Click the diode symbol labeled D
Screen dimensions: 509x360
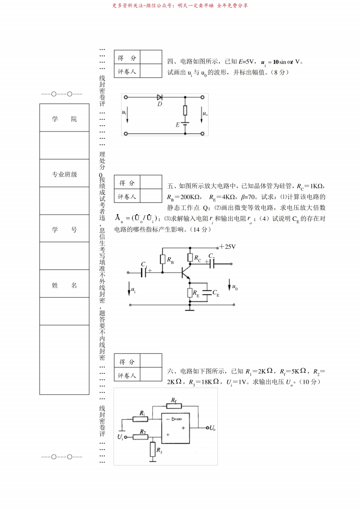point(160,98)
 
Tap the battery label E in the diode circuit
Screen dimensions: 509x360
point(178,124)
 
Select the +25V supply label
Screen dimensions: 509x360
point(227,247)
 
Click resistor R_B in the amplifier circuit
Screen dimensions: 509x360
point(163,259)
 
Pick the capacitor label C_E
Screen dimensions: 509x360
point(216,294)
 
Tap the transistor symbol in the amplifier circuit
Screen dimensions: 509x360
point(184,273)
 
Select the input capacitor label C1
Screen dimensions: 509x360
point(144,264)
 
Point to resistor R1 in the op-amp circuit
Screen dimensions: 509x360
point(141,419)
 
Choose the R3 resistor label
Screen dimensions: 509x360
point(159,450)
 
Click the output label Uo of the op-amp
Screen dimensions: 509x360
point(212,428)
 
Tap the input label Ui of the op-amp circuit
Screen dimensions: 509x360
point(120,437)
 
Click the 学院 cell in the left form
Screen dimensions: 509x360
point(64,119)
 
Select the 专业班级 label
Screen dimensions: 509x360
point(64,174)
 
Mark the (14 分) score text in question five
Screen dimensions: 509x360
point(199,230)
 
